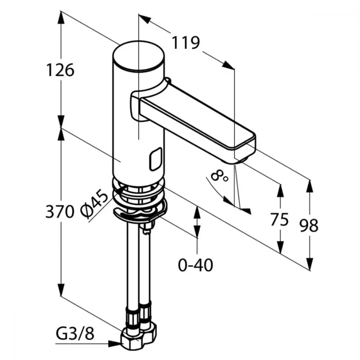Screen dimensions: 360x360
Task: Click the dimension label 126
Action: click(x=60, y=70)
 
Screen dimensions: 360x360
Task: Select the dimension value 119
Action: click(x=186, y=43)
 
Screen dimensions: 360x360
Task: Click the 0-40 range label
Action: click(x=195, y=265)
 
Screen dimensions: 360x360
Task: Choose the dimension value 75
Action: click(x=279, y=220)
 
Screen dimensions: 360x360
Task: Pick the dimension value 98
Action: click(x=309, y=225)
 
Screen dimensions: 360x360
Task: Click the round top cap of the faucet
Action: click(x=139, y=56)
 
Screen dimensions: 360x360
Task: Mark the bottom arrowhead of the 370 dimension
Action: click(x=61, y=289)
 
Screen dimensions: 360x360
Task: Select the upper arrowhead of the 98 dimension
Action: click(x=310, y=186)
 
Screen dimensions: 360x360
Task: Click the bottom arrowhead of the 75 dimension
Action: click(x=280, y=247)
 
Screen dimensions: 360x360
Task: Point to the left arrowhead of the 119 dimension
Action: click(x=145, y=19)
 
